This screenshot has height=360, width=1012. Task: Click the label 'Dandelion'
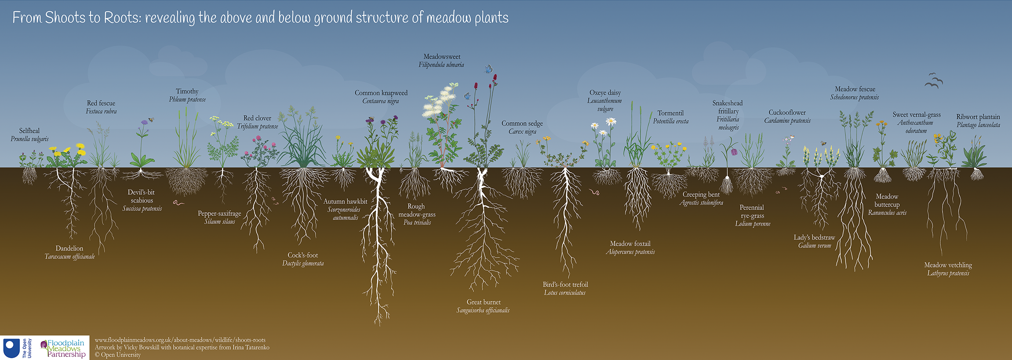[x=69, y=248]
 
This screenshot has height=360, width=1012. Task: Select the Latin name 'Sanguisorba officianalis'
[x=483, y=310]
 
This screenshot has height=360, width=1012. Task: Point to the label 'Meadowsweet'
[x=442, y=57]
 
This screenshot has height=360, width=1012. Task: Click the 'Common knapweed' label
[x=381, y=93]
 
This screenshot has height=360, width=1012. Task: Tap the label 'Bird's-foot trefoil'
[x=565, y=284]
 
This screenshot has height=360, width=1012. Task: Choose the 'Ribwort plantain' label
[x=978, y=117]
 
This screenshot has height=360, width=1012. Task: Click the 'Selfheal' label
[x=29, y=131]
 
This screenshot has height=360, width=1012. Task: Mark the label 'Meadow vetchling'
[x=948, y=265]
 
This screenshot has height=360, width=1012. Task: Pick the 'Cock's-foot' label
[x=302, y=255]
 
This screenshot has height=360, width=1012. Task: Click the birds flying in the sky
[x=934, y=81]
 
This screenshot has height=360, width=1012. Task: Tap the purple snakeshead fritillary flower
[x=734, y=152]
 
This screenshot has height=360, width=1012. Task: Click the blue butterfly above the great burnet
[x=488, y=69]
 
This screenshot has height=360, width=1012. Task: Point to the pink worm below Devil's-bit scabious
[x=178, y=203]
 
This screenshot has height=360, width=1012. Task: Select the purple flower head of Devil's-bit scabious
[x=145, y=123]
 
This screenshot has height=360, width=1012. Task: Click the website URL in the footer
[x=180, y=340]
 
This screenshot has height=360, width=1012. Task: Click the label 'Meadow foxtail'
[x=630, y=244]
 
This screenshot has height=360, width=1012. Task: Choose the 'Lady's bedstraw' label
[x=814, y=237]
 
